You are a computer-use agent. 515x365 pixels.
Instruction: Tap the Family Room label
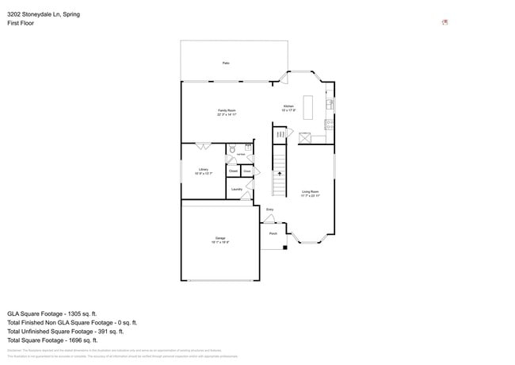coord(227,112)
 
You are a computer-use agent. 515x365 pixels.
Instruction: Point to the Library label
coord(204,170)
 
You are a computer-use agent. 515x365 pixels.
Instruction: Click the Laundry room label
coord(236,189)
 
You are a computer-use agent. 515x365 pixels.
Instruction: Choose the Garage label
coord(220,240)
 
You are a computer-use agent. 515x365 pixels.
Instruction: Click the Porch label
coord(273,234)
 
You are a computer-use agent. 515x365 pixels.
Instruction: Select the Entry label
coord(269,210)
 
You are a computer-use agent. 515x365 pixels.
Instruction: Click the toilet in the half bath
coord(233,148)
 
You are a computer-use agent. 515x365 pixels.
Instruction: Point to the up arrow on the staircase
coord(279,173)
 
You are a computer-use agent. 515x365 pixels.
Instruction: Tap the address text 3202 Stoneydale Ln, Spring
coord(44,14)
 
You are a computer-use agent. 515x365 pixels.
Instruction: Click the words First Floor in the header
coord(22,24)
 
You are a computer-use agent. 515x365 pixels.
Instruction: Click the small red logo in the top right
coord(444,21)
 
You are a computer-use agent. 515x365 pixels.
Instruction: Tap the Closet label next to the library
coord(234,171)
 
